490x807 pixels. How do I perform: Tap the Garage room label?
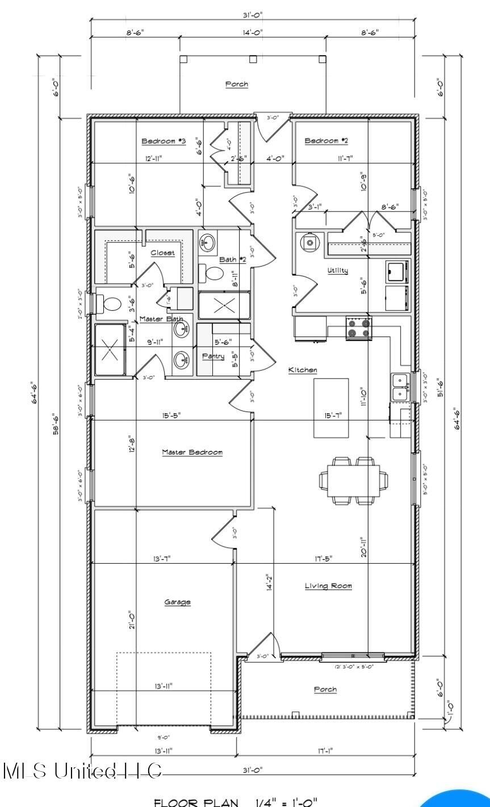(x=177, y=602)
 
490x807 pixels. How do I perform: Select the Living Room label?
(x=328, y=586)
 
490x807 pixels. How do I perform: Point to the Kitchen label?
(x=303, y=370)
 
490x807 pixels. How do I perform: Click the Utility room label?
(x=337, y=271)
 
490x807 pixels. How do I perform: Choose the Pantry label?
(x=213, y=356)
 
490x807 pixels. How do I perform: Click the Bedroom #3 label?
(x=164, y=141)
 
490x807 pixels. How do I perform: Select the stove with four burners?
(x=358, y=328)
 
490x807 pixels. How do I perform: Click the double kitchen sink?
(x=401, y=386)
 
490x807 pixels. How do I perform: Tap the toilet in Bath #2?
(x=214, y=274)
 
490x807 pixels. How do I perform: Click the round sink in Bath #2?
(x=207, y=244)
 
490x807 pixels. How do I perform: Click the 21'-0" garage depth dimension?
(x=132, y=619)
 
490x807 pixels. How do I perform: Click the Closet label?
(x=162, y=253)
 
